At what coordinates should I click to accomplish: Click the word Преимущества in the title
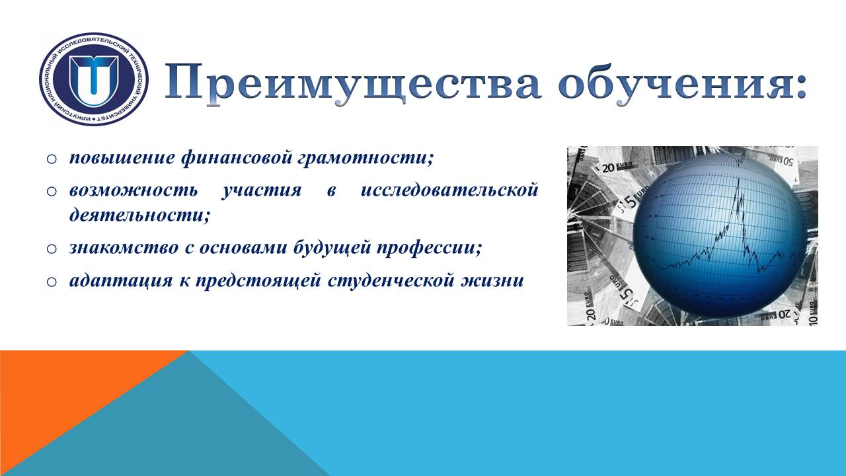pyautogui.click(x=353, y=83)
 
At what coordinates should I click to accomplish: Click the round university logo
pyautogui.click(x=94, y=79)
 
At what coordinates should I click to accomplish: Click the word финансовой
pyautogui.click(x=237, y=158)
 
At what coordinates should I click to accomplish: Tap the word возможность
pyautogui.click(x=134, y=190)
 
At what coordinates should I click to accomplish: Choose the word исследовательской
pyautogui.click(x=449, y=189)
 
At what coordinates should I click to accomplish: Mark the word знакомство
pyautogui.click(x=124, y=248)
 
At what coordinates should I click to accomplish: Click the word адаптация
pyautogui.click(x=121, y=281)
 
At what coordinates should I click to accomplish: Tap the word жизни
pyautogui.click(x=492, y=281)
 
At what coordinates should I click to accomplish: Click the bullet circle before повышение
pyautogui.click(x=52, y=159)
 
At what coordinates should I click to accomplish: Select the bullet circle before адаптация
pyautogui.click(x=52, y=282)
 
